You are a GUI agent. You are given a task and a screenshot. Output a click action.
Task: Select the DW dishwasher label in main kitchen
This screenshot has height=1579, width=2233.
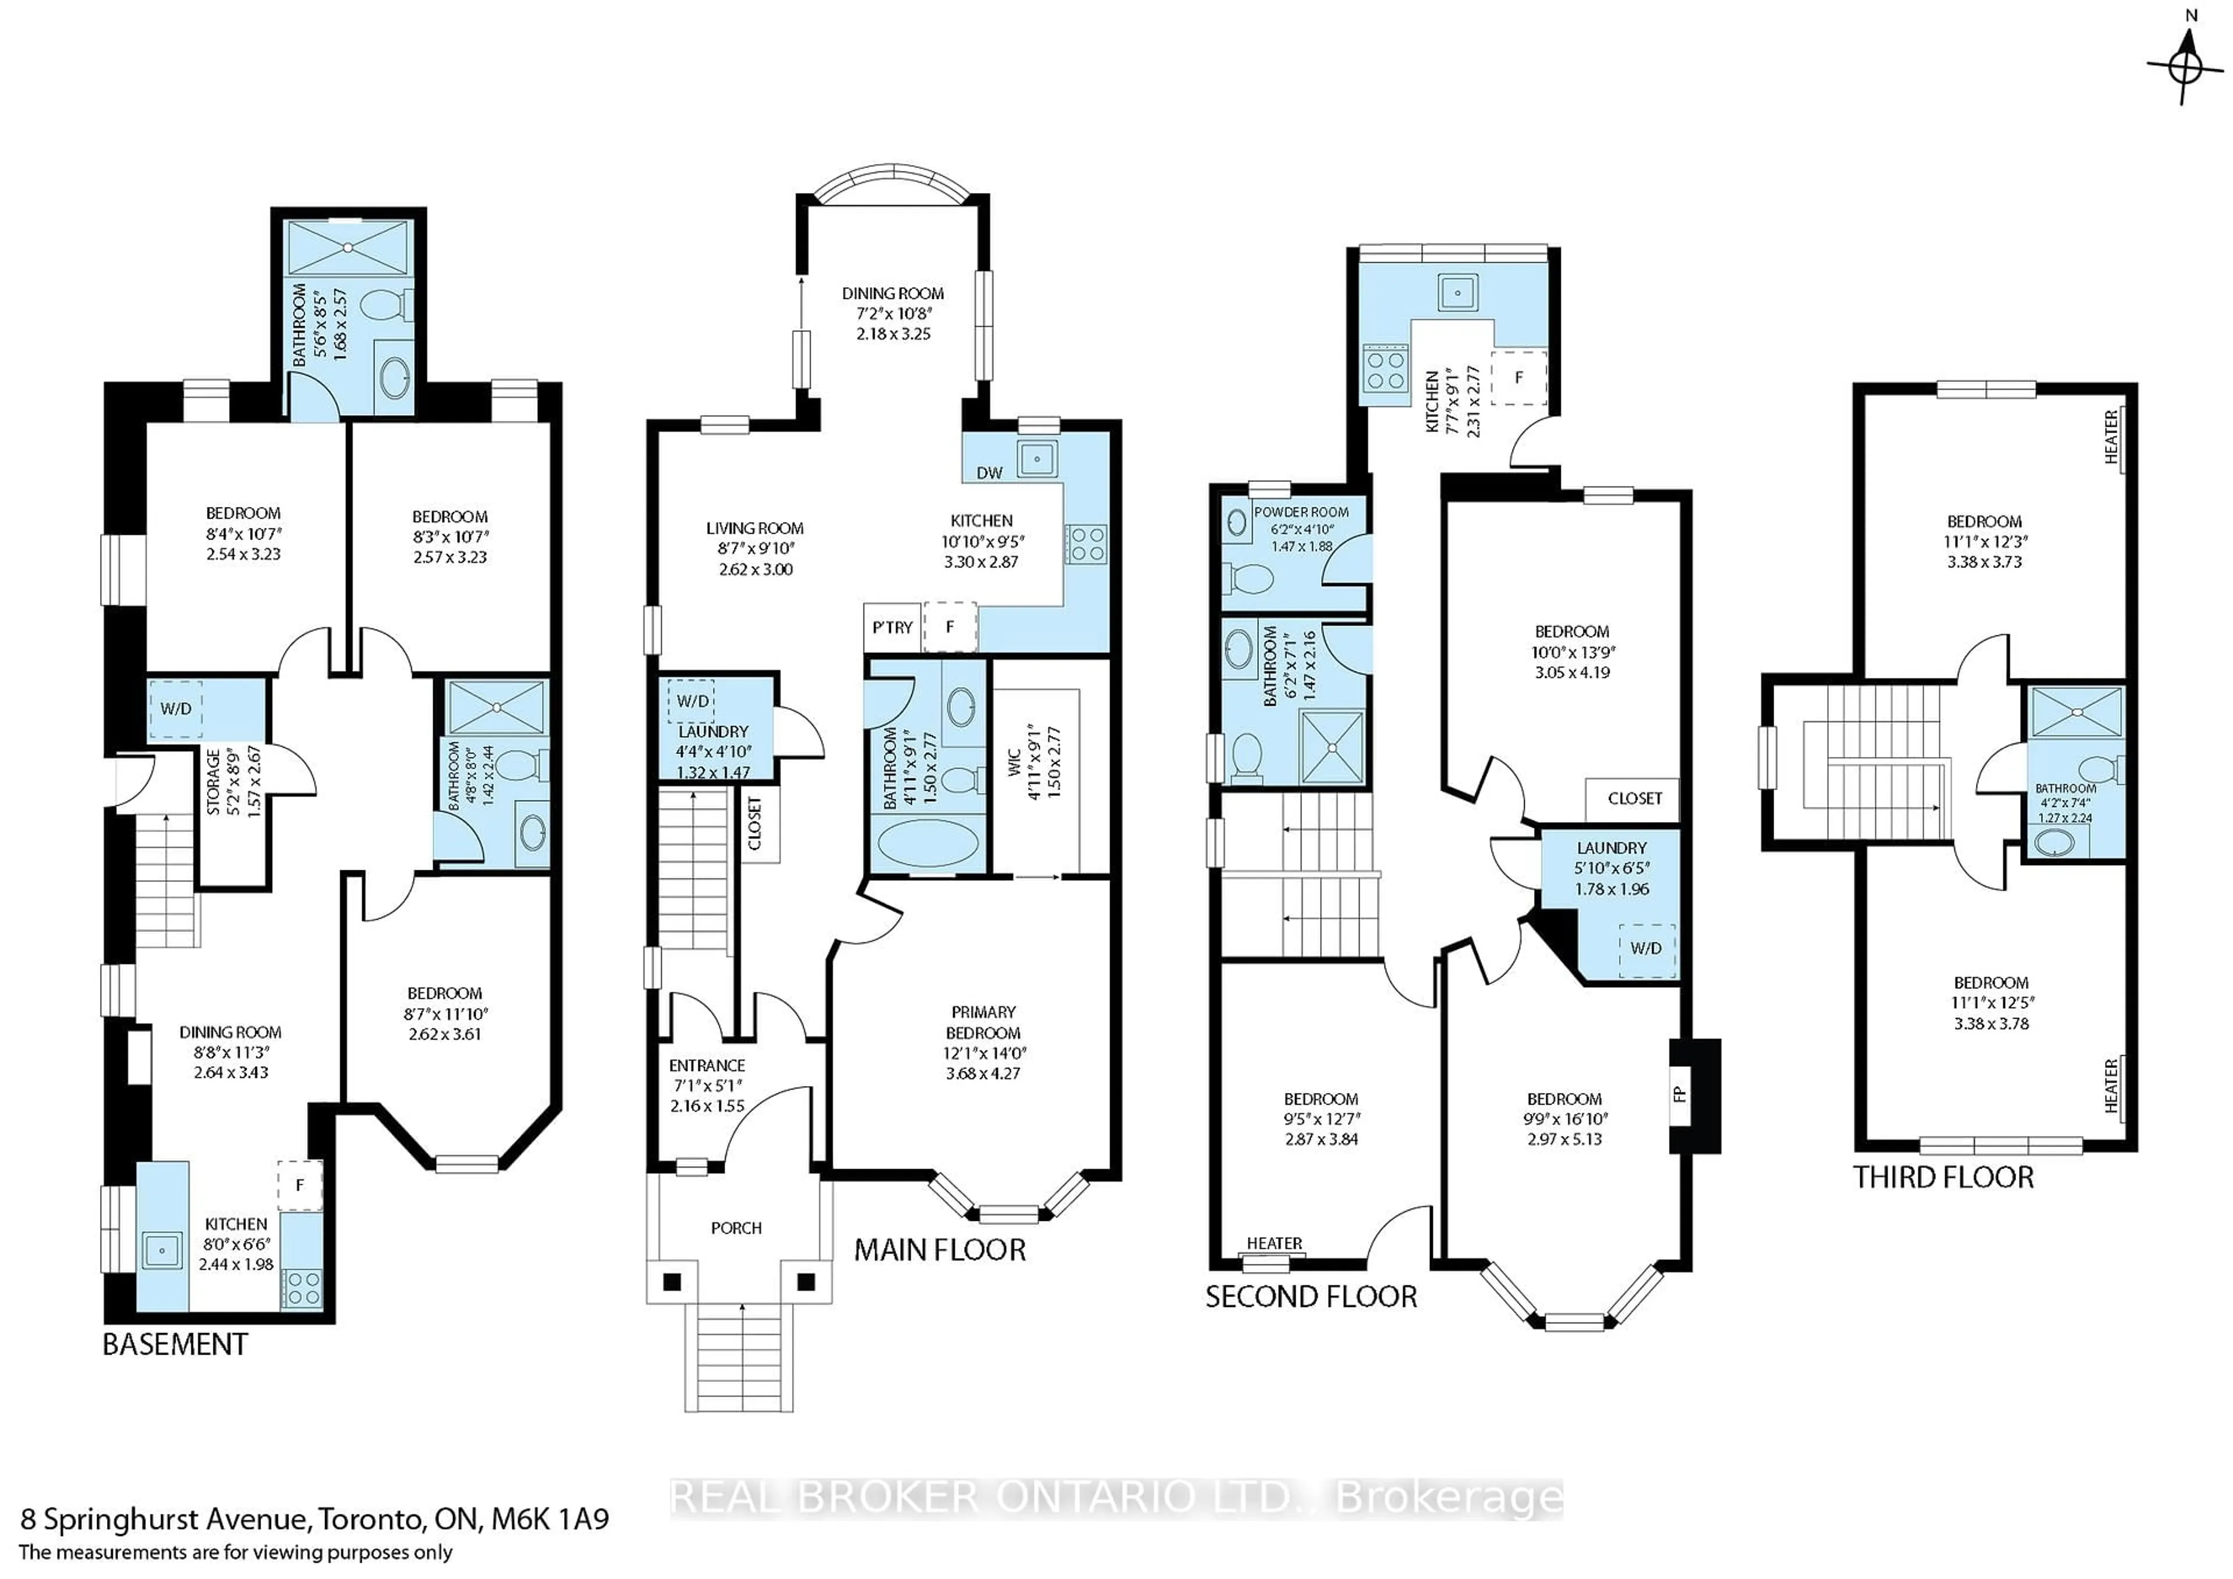[x=989, y=473]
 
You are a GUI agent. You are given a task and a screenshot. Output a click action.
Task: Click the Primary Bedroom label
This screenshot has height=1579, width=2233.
[x=983, y=1022]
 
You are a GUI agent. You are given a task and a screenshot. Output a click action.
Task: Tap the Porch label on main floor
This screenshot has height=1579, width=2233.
[x=736, y=1228]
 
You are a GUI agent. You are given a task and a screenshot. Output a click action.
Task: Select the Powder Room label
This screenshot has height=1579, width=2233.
[x=1300, y=512]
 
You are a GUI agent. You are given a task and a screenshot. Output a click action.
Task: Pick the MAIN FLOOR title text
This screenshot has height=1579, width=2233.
[x=940, y=1251]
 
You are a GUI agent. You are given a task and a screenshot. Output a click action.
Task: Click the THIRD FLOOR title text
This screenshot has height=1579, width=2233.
[x=1942, y=1177]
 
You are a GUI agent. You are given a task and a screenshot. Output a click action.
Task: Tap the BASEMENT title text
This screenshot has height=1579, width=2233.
[x=175, y=1345]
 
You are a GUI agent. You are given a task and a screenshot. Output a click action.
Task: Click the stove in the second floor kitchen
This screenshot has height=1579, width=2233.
[x=1385, y=370]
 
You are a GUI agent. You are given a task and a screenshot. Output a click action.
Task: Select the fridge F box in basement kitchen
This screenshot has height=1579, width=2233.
[x=299, y=1185]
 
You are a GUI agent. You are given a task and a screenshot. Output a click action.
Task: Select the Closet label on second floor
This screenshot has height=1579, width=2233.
[x=1635, y=798]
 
